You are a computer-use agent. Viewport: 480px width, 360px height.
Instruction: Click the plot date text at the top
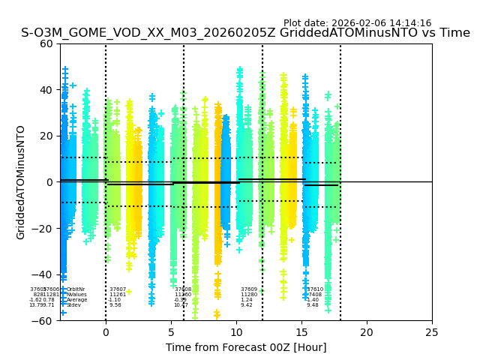pos(357,23)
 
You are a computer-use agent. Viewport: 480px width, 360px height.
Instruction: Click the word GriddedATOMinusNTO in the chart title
pos(353,33)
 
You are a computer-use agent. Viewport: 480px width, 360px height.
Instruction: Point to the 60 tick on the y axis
pos(46,43)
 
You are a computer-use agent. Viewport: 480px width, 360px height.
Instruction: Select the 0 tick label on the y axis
pos(49,182)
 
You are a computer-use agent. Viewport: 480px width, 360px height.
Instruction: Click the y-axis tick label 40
pos(46,90)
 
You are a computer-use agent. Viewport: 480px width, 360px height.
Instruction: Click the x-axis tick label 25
pos(432,332)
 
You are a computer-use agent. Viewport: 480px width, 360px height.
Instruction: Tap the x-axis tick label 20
pos(367,332)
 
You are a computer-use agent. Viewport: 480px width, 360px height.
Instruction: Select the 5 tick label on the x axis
pos(171,332)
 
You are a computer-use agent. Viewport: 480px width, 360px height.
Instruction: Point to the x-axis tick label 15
pos(301,332)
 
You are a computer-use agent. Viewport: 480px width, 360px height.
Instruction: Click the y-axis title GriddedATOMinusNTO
pos(21,182)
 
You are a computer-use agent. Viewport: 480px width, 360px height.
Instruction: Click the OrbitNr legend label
pos(76,289)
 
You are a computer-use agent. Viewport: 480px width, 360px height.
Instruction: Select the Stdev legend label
pos(73,305)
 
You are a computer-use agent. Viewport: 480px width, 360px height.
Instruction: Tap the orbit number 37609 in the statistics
pos(249,289)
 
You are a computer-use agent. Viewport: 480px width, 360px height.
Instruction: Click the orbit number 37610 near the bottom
pos(315,289)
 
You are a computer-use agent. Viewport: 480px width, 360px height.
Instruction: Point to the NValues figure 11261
pos(118,295)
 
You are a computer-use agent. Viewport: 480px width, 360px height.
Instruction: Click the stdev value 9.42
pos(246,305)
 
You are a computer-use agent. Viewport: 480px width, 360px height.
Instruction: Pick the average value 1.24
pos(246,300)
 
